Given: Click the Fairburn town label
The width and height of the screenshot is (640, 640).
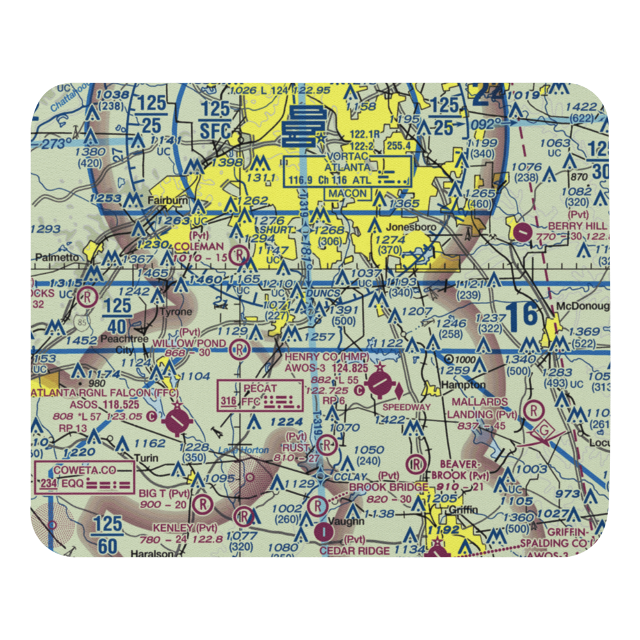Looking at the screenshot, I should pos(168,200).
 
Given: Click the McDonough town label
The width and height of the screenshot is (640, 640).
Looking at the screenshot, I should pos(582,306).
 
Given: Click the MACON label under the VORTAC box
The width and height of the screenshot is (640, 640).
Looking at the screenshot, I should pos(348,193).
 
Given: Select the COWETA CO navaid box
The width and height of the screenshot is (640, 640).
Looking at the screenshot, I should pos(85,476).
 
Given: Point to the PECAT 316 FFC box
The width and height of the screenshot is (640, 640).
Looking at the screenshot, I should pos(260,396).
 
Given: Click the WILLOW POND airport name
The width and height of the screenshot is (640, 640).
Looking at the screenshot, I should pos(189,344).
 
